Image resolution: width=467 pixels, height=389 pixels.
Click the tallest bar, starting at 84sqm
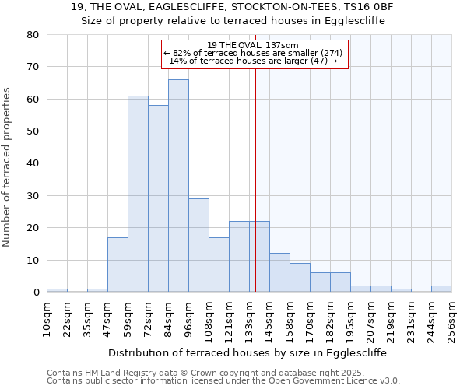coord(178,187)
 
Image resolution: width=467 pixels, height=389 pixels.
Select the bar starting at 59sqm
coord(138,194)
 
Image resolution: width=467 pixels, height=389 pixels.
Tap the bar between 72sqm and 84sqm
coord(158,199)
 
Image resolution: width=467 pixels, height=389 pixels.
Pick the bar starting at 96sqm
coord(198,246)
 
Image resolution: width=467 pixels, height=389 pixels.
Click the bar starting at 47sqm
coord(118,265)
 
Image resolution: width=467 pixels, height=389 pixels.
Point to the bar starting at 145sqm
coord(279,273)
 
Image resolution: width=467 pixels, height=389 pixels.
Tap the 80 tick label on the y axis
coord(32,35)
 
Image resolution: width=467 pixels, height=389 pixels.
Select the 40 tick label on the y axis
coord(32,163)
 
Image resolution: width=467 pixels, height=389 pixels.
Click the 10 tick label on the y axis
coord(32,260)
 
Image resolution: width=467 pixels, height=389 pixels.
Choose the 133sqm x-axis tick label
coord(250,319)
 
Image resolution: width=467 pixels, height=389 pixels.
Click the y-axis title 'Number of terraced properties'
coord(8,167)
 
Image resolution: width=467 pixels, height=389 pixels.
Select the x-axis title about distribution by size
coord(248,352)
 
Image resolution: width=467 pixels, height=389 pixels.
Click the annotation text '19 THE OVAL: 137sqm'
coord(254,45)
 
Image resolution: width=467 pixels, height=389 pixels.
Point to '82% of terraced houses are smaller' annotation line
coord(254,53)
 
